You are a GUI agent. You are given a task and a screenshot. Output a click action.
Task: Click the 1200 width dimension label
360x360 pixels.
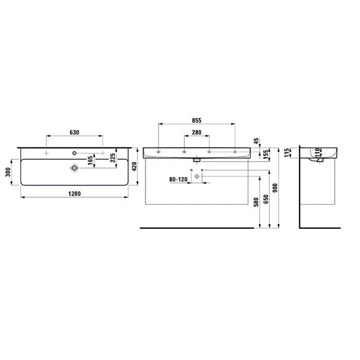[75, 194]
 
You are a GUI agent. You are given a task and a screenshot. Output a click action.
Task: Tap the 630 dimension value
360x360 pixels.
[75, 133]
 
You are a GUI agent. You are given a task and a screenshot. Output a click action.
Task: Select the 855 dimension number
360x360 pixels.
[196, 120]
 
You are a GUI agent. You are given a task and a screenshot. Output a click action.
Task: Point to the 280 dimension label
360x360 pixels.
[197, 133]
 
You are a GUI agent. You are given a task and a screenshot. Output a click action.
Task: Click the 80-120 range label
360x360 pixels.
[178, 179]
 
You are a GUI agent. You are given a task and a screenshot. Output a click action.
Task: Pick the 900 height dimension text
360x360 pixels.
[276, 188]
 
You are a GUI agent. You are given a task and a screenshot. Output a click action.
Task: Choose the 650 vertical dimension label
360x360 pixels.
[266, 199]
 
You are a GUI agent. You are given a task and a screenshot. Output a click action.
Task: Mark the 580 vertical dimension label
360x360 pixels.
[257, 202]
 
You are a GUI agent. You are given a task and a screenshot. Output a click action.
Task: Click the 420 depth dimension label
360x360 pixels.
[134, 167]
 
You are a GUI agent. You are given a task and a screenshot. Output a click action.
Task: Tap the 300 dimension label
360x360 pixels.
[9, 172]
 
